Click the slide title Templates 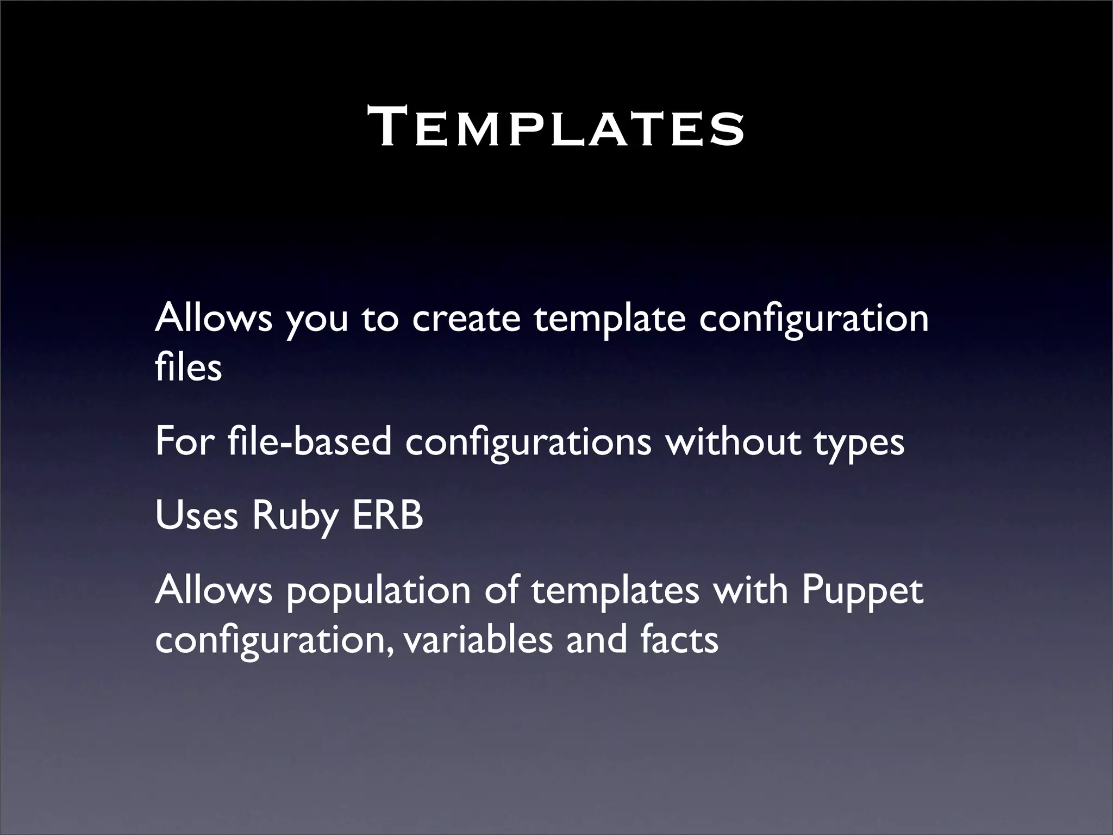click(556, 128)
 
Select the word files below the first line click(188, 367)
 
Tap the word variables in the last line click(478, 639)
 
